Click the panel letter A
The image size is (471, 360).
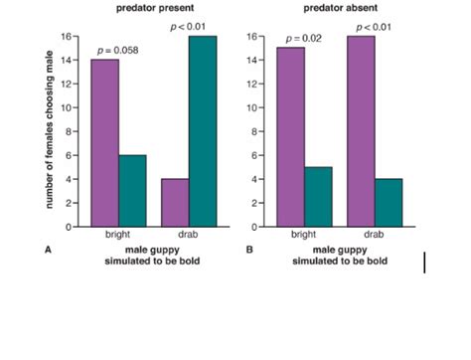(47, 251)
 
